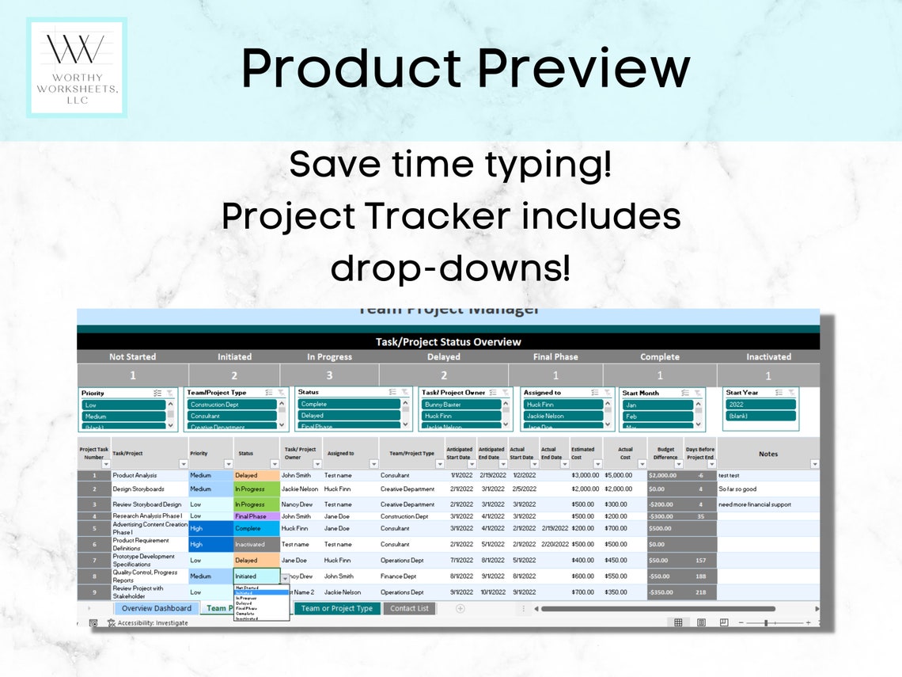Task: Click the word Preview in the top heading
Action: coord(584,68)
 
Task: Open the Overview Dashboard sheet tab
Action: coord(157,608)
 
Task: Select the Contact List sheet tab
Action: coord(409,608)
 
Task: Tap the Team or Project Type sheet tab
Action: coord(336,608)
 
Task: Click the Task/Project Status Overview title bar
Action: coord(448,342)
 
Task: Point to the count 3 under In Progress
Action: coord(330,375)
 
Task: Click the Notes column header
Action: coord(767,454)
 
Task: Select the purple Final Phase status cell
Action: coord(256,516)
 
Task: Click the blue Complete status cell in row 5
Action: coord(256,528)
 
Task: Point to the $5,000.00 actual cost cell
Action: coord(618,476)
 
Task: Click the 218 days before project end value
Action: coord(699,592)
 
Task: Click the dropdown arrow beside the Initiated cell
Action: coord(285,578)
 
